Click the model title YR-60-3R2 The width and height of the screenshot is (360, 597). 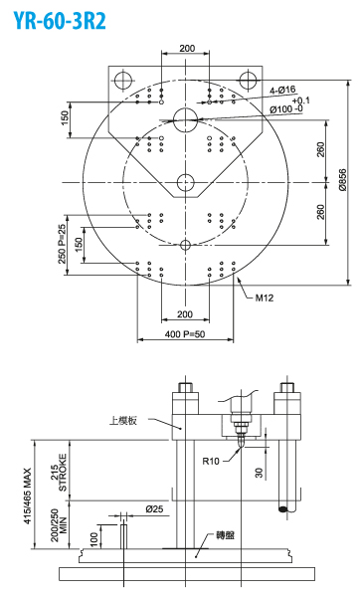(x=60, y=20)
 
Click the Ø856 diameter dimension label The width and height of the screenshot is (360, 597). (x=342, y=180)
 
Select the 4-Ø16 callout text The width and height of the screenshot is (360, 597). (x=282, y=91)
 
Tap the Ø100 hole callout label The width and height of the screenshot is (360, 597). (x=286, y=108)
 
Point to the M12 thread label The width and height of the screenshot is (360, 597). (x=265, y=298)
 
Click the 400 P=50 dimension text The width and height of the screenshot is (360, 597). (x=185, y=334)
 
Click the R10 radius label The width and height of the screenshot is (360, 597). (x=211, y=461)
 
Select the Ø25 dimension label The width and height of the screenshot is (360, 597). (x=154, y=508)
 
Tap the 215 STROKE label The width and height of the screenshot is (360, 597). (x=59, y=472)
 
